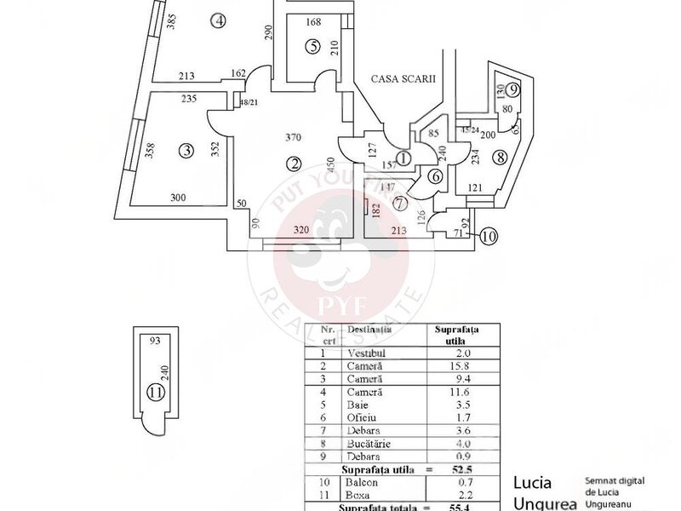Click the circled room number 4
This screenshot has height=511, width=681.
tap(220, 23)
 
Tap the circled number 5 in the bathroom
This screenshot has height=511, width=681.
tap(313, 45)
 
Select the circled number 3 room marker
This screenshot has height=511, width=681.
tap(186, 152)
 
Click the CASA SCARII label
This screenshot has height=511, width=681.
tap(403, 78)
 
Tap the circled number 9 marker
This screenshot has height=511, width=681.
tap(512, 89)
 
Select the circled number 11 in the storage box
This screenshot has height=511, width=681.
tap(154, 393)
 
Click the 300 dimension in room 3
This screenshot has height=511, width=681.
tap(178, 198)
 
